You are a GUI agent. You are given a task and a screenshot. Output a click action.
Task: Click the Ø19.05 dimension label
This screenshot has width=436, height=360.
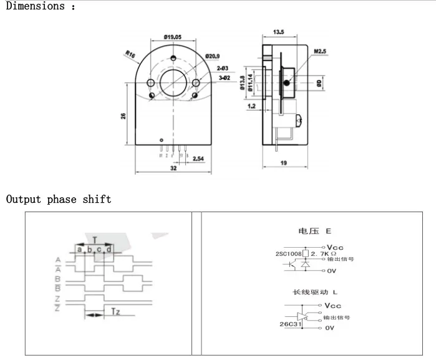click(173, 37)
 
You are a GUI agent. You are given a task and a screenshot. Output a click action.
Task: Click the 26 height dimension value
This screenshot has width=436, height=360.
click(124, 116)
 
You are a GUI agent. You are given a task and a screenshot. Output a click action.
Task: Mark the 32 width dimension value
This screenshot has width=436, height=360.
click(173, 168)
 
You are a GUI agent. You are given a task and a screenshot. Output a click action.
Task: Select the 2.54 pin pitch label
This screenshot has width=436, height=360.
click(199, 160)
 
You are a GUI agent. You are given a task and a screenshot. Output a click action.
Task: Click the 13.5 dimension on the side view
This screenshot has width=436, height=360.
click(278, 32)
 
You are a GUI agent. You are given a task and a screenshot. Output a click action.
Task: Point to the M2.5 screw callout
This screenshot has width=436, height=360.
click(321, 51)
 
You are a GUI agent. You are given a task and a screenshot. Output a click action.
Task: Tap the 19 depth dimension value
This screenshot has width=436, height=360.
click(284, 163)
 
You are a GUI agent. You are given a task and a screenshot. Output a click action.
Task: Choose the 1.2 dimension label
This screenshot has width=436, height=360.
click(251, 107)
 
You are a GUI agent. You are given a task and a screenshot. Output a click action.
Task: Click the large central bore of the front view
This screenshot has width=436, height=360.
click(173, 82)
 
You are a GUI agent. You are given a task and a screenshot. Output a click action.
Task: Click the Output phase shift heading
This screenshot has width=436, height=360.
click(59, 200)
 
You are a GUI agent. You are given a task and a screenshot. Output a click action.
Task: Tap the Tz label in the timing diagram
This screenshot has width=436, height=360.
click(115, 311)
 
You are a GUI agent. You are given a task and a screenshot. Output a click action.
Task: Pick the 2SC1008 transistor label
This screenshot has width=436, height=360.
click(288, 254)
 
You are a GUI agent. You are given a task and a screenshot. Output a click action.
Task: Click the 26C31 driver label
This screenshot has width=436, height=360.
click(290, 324)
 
